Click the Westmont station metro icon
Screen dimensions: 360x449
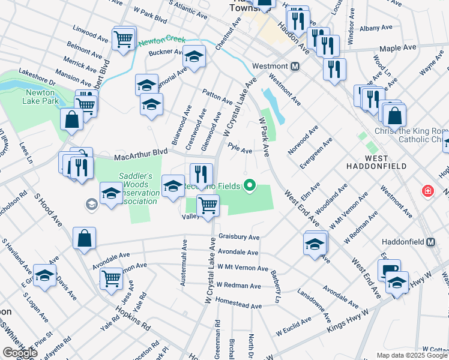[295, 66]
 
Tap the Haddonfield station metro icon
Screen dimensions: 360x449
[430, 242]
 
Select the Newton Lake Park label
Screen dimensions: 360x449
[42, 97]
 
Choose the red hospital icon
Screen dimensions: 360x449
[427, 191]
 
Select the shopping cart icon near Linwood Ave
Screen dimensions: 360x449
[124, 39]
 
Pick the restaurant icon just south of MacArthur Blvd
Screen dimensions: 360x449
[202, 174]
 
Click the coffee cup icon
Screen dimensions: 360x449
[389, 269]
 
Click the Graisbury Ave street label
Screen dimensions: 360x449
[239, 237]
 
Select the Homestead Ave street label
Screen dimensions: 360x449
[239, 305]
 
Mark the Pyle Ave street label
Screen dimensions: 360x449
[240, 151]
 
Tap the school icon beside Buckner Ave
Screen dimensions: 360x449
[194, 56]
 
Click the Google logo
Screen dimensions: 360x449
[19, 353]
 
